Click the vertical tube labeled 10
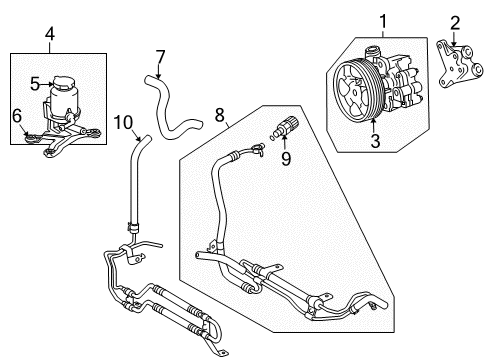pyautogui.click(x=130, y=185)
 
